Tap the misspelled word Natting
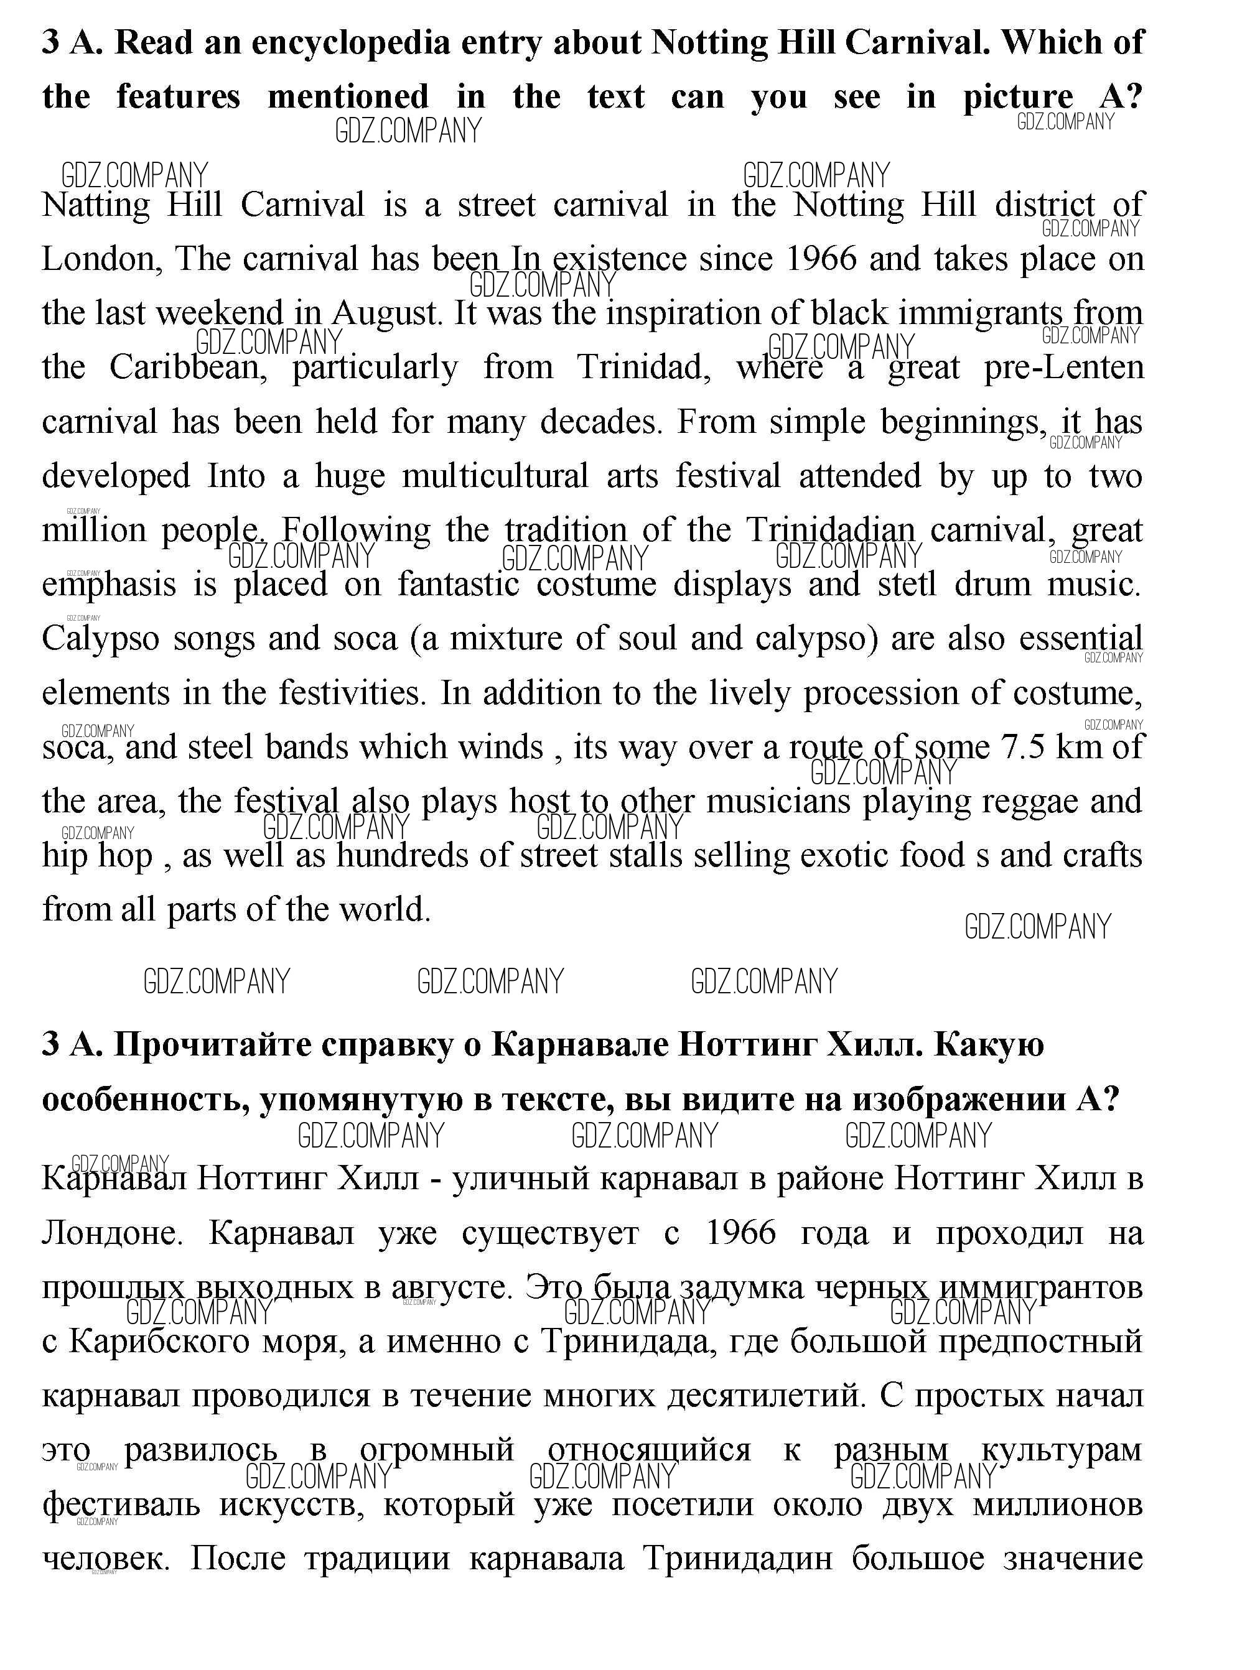tap(96, 205)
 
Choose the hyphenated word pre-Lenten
tap(1063, 368)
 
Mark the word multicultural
tap(495, 476)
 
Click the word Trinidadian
tap(830, 531)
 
